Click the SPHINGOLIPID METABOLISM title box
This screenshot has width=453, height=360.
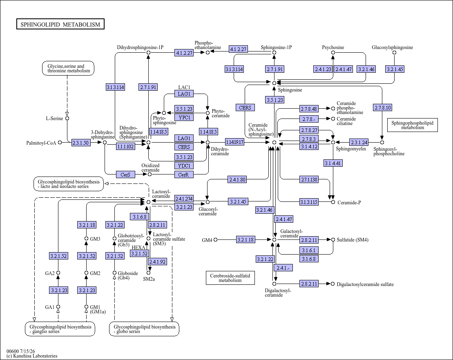click(60, 24)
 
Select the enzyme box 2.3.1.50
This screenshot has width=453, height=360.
click(81, 143)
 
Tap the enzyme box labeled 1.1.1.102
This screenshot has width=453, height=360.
click(125, 146)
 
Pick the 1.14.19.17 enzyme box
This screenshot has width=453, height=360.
click(234, 142)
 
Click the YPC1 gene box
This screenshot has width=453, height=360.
click(184, 117)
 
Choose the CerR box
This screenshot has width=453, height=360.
click(184, 174)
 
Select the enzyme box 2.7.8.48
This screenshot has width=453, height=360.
click(309, 109)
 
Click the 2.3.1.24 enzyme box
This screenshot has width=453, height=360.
click(359, 142)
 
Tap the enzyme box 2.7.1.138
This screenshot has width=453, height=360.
click(309, 179)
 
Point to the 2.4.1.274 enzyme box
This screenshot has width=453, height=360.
click(184, 199)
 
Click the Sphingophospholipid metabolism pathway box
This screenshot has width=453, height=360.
click(412, 125)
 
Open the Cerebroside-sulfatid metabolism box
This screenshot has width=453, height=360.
click(230, 277)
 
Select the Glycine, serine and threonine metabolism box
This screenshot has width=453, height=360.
click(68, 68)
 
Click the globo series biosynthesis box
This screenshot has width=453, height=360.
click(144, 329)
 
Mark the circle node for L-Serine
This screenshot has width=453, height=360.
click(67, 118)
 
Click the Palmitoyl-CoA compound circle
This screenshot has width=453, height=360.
click(60, 142)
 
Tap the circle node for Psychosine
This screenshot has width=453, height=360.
click(333, 53)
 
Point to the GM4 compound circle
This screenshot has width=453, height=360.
click(215, 239)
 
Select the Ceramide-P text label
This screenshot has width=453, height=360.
click(349, 203)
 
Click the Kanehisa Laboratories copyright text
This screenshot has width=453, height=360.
click(32, 356)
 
